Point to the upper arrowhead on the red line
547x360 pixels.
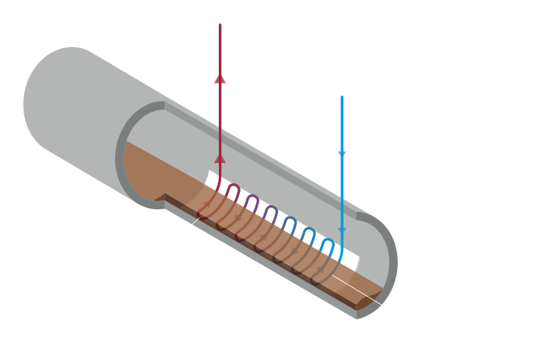coord(220,78)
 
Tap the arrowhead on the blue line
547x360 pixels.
coord(342,152)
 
